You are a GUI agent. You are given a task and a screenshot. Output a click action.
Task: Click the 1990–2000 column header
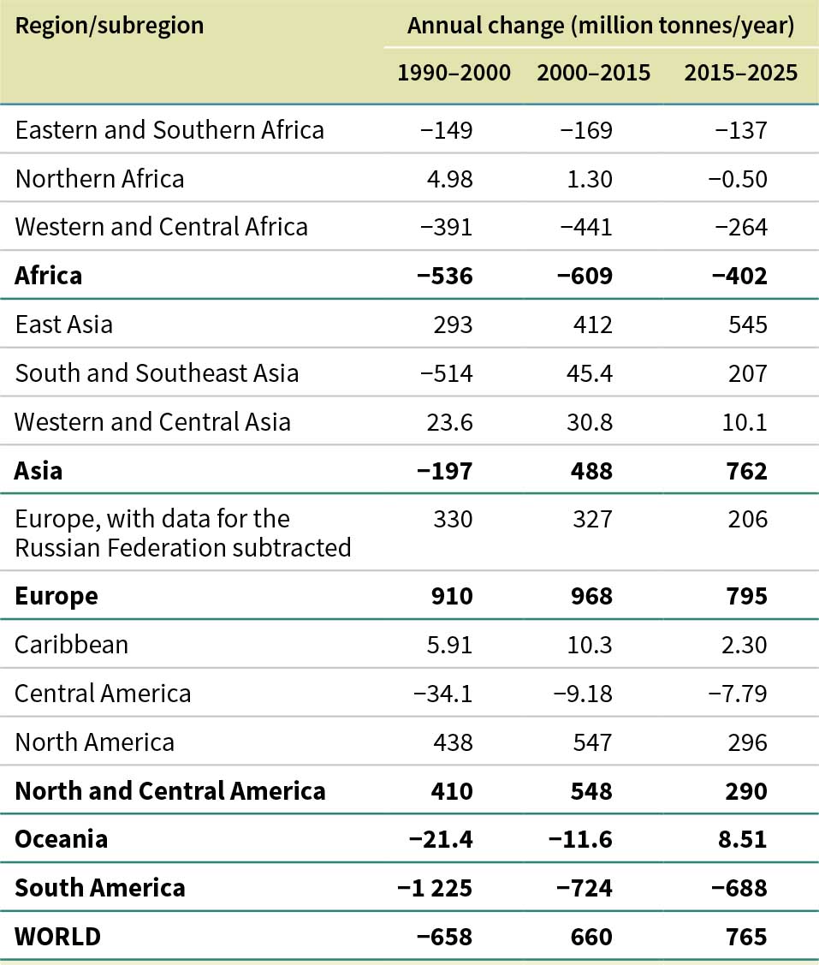coord(454,73)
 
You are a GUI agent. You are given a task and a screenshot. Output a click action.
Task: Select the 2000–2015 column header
coord(593,73)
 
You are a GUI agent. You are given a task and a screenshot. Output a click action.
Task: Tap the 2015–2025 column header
coord(740,73)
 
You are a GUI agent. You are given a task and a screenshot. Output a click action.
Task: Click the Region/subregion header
coord(110,25)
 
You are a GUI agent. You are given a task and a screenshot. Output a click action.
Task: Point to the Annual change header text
coord(601,25)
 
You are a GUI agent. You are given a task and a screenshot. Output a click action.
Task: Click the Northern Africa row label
coord(99,178)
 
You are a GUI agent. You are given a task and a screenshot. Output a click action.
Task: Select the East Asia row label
coord(64,325)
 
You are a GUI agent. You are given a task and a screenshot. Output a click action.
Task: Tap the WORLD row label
coord(57,937)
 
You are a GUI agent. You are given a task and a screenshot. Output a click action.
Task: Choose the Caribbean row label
coord(71,644)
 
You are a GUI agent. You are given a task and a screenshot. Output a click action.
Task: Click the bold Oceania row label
coord(62,838)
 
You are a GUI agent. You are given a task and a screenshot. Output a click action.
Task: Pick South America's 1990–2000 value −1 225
coord(435,887)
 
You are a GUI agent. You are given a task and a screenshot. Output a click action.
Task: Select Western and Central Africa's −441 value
coord(586,227)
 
